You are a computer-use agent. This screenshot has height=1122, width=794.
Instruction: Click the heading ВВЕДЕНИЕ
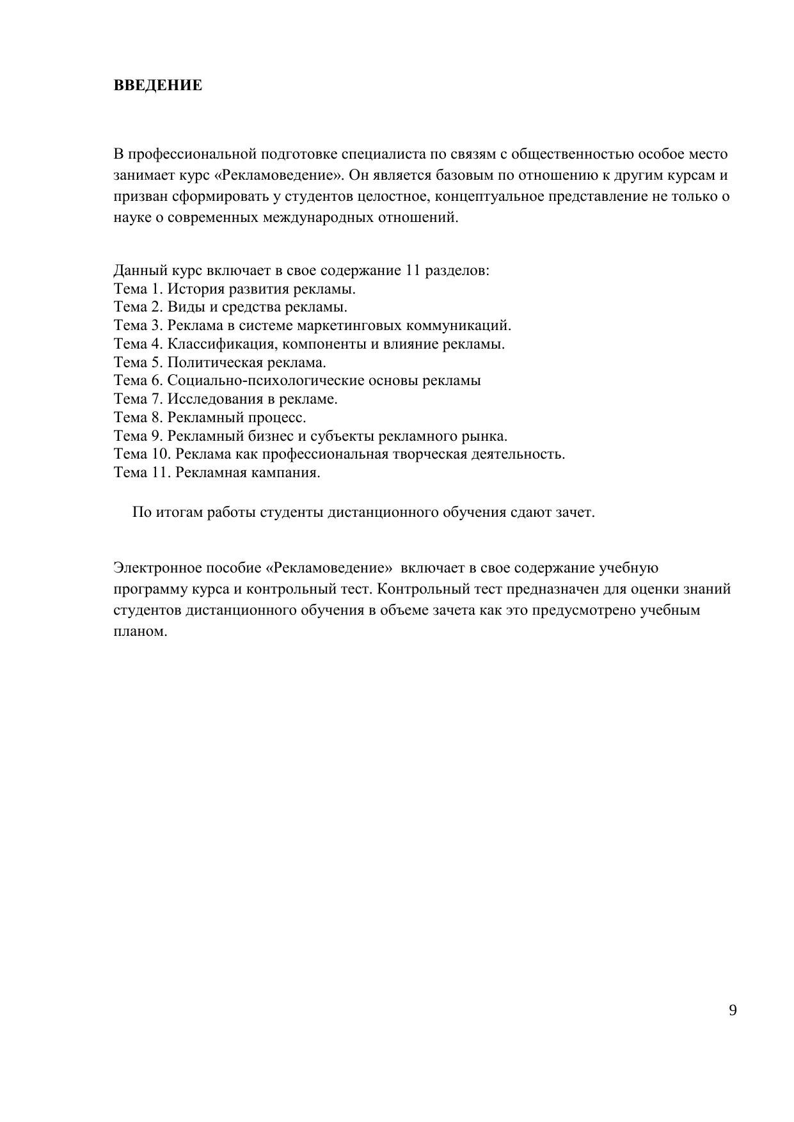[x=158, y=86]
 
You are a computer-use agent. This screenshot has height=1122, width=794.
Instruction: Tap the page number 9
[x=733, y=1011]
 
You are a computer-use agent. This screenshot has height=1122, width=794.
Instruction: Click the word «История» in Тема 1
[x=195, y=289]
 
